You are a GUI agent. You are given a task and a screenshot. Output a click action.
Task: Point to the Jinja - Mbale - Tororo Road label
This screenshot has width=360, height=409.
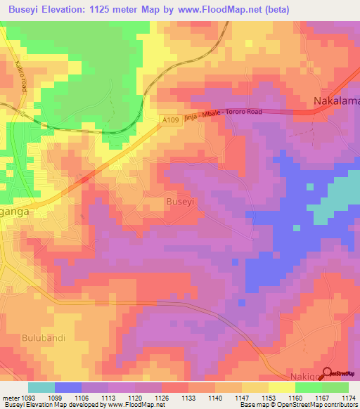coord(223,117)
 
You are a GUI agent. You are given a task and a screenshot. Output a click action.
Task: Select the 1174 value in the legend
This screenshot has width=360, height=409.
coord(349,397)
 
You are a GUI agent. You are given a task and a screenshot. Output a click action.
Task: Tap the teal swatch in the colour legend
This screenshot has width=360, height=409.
coord(41,387)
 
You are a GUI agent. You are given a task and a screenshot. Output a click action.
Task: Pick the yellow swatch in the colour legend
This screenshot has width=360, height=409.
coord(282,387)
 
